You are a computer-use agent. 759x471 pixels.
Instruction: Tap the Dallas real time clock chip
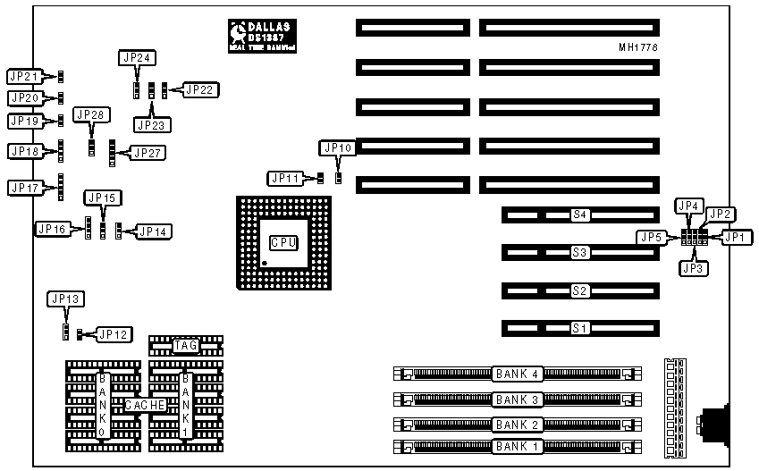click(x=262, y=35)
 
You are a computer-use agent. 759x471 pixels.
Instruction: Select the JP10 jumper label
click(x=337, y=147)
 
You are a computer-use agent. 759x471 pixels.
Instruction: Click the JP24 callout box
click(x=137, y=58)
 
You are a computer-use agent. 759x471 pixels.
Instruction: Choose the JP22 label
click(x=199, y=89)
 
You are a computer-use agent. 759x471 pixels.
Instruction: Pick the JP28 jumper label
click(x=92, y=114)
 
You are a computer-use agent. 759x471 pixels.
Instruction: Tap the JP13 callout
click(x=65, y=299)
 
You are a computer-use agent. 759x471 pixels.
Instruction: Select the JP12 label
click(x=114, y=334)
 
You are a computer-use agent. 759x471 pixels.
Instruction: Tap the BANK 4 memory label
click(x=518, y=373)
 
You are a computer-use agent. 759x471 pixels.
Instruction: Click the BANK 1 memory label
click(x=518, y=445)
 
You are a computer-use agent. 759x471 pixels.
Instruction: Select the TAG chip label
click(x=187, y=345)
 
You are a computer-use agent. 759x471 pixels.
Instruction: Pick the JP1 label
click(x=734, y=238)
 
